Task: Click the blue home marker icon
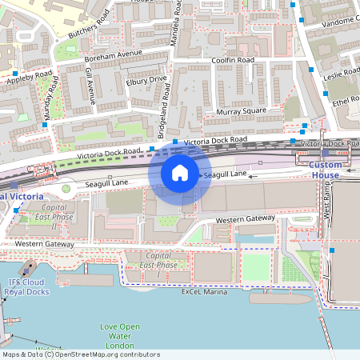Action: tap(180, 173)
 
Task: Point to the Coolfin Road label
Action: tap(233, 60)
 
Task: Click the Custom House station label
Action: tap(325, 170)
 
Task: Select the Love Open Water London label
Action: tap(120, 335)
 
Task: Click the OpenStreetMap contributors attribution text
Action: tap(80, 354)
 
